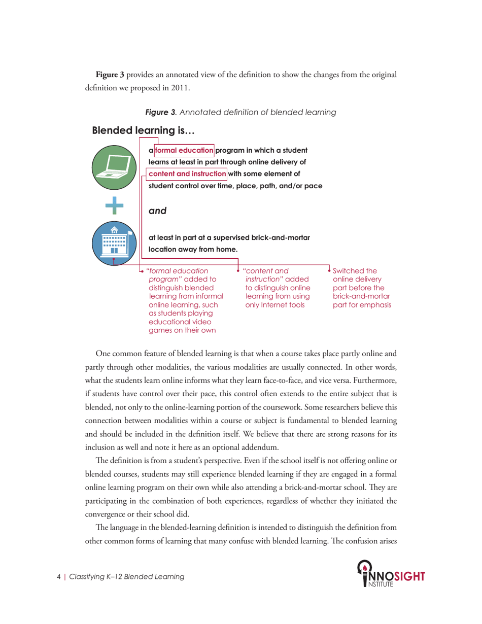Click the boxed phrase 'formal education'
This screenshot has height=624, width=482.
coord(184,150)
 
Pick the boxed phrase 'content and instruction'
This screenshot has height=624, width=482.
coord(188,174)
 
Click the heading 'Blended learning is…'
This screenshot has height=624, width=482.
coord(143,131)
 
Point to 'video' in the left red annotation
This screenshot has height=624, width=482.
coord(195,322)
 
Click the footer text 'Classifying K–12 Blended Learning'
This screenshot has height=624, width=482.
coord(126,577)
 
